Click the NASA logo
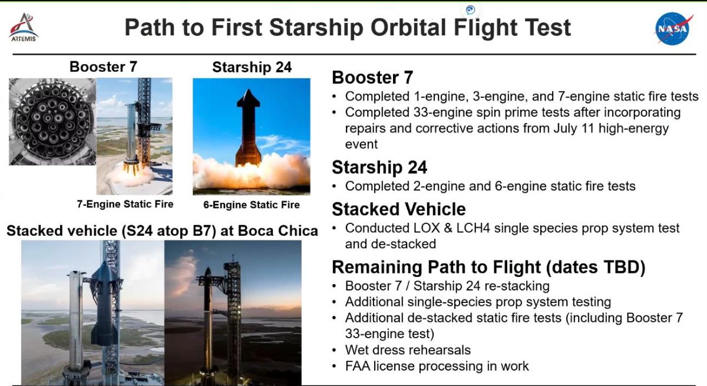[x=673, y=29]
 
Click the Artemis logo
[x=24, y=28]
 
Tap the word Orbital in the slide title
[x=408, y=28]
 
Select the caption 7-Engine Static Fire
[x=125, y=204]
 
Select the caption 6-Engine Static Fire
[x=251, y=205]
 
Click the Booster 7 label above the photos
[x=103, y=67]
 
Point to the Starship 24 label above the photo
[x=252, y=67]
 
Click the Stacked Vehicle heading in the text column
[x=399, y=209]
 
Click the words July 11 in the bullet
[x=574, y=128]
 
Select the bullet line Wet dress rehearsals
[x=408, y=350]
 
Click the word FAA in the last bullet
[x=358, y=366]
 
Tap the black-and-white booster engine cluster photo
[x=52, y=121]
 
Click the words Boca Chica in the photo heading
[x=277, y=231]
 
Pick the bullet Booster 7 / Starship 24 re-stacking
[x=447, y=286]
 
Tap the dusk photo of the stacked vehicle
[x=233, y=312]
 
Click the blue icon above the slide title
[x=470, y=10]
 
